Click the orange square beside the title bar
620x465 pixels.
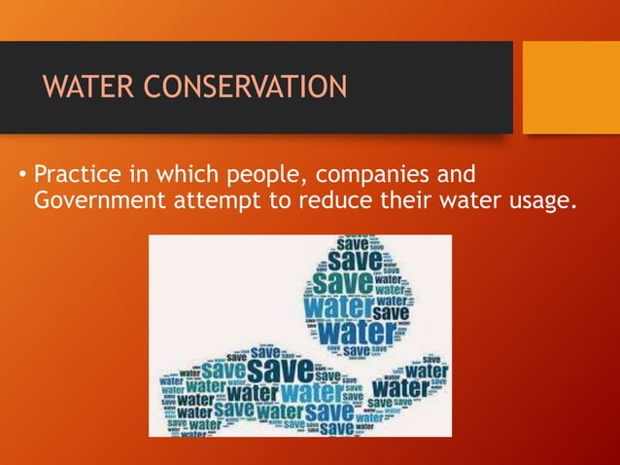[x=570, y=88]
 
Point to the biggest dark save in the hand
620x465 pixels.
[x=279, y=372]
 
